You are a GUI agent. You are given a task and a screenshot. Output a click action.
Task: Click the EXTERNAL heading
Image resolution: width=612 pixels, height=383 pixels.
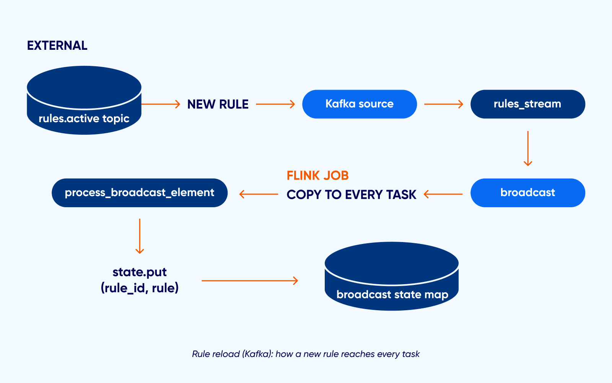pyautogui.click(x=57, y=46)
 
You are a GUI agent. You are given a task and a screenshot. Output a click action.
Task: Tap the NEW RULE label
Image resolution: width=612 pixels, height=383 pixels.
pyautogui.click(x=218, y=104)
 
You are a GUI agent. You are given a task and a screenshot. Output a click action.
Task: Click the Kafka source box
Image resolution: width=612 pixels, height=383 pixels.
pyautogui.click(x=359, y=104)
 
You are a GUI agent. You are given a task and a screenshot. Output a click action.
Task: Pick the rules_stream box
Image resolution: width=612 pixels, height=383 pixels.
pyautogui.click(x=527, y=104)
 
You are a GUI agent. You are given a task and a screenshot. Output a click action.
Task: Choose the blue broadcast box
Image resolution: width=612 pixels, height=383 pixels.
pyautogui.click(x=527, y=193)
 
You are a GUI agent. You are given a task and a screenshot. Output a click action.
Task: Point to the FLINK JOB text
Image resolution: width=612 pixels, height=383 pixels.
pyautogui.click(x=317, y=175)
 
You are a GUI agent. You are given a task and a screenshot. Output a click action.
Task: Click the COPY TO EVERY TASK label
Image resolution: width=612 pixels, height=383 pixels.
pyautogui.click(x=351, y=195)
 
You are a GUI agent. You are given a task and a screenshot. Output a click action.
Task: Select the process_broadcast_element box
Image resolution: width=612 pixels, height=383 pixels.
pyautogui.click(x=140, y=193)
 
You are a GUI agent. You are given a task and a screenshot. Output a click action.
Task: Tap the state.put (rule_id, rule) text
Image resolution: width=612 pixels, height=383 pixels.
pyautogui.click(x=140, y=280)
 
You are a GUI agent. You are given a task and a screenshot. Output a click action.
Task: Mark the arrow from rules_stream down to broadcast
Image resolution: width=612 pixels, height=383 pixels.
pyautogui.click(x=528, y=149)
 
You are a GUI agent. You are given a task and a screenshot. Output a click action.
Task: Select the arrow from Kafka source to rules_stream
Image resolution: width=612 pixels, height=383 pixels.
pyautogui.click(x=443, y=104)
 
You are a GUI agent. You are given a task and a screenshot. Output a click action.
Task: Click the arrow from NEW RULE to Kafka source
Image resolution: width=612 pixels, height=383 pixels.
pyautogui.click(x=275, y=104)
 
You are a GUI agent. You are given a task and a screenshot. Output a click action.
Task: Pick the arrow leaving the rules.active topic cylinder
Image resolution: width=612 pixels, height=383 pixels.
pyautogui.click(x=161, y=104)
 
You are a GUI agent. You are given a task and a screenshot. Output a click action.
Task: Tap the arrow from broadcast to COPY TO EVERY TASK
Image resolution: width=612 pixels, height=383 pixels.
pyautogui.click(x=443, y=194)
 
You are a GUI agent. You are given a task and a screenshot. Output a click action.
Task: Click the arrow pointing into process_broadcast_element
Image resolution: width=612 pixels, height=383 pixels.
pyautogui.click(x=259, y=194)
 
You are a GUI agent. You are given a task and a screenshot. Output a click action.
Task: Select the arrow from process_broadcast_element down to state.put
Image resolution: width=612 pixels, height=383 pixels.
pyautogui.click(x=140, y=236)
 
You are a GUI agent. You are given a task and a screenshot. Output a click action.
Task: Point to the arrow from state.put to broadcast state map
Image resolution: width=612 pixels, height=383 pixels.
pyautogui.click(x=249, y=281)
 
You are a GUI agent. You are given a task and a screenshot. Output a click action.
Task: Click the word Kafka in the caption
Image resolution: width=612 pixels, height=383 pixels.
pyautogui.click(x=257, y=354)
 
